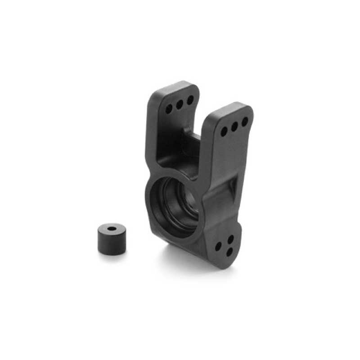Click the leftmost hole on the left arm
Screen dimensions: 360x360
[x=170, y=109]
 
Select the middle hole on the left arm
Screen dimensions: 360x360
[x=180, y=104]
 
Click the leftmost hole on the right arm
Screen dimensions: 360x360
[x=224, y=131]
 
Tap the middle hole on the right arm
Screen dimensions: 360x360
[x=234, y=126]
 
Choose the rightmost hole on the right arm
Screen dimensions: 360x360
[x=245, y=121]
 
